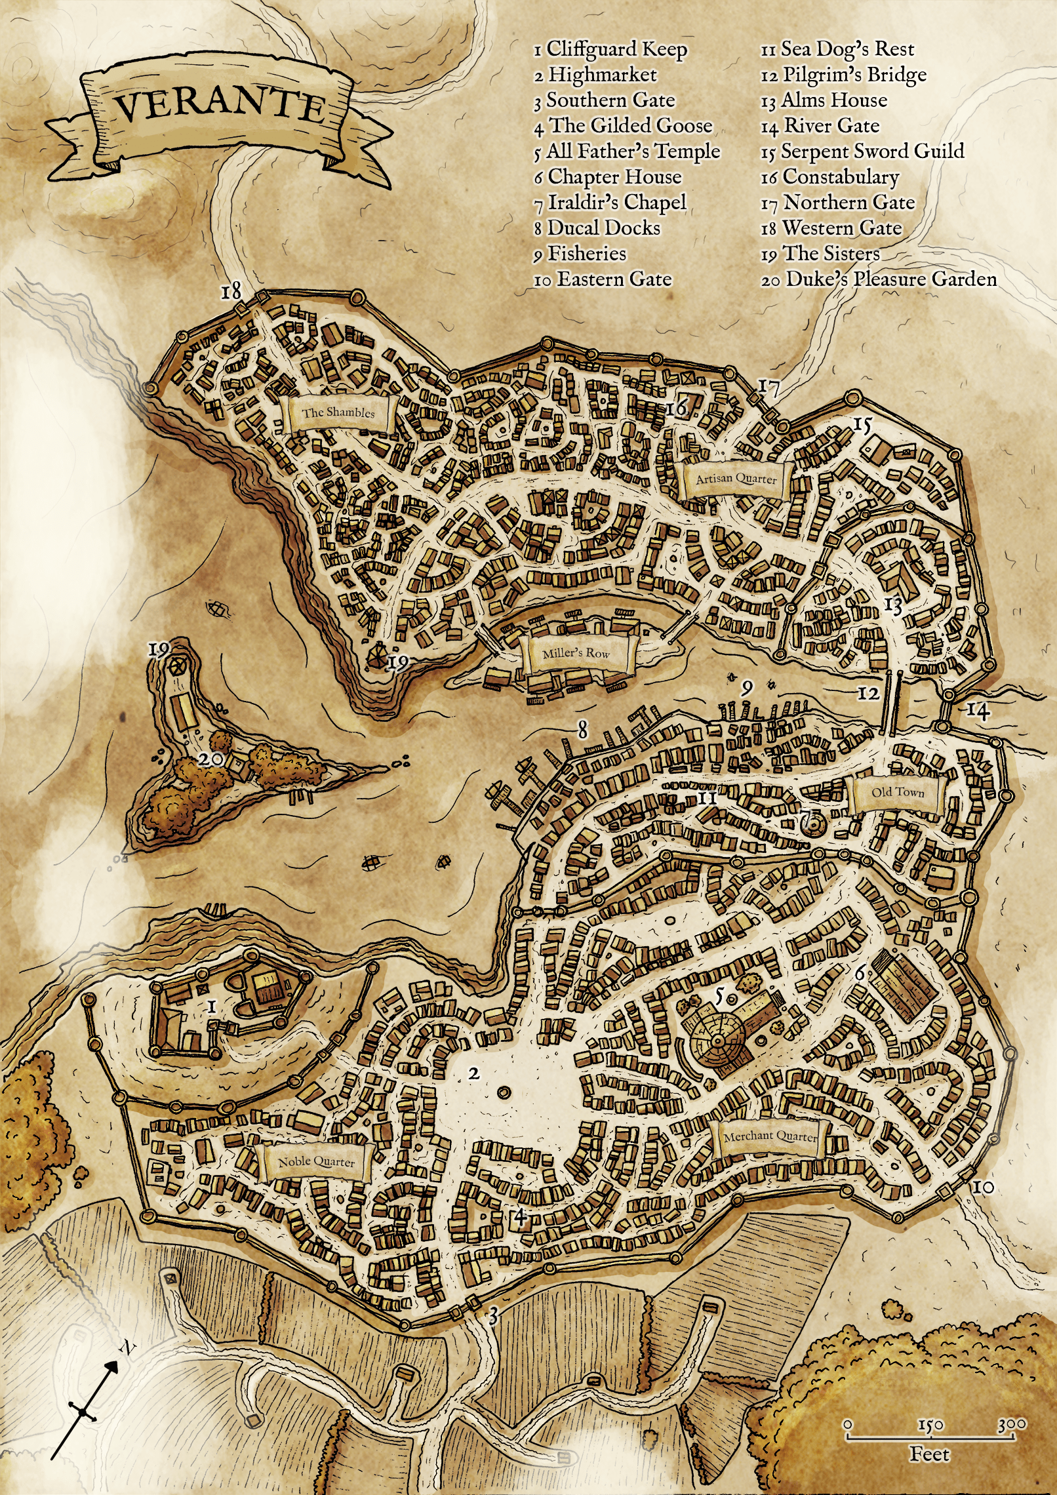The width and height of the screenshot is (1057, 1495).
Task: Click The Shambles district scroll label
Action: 338,412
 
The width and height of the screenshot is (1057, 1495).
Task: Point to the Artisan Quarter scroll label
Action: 736,479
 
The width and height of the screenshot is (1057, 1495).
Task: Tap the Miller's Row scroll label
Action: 576,653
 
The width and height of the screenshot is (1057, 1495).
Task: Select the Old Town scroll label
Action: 897,792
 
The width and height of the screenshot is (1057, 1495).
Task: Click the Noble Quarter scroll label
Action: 316,1161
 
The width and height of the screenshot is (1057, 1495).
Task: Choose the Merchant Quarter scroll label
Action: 770,1136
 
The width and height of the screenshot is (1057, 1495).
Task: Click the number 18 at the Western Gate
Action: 231,290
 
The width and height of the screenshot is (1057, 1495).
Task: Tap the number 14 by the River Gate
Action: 978,710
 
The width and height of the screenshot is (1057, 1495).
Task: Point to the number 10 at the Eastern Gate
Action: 983,1187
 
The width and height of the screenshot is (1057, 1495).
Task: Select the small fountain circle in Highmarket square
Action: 504,1092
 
